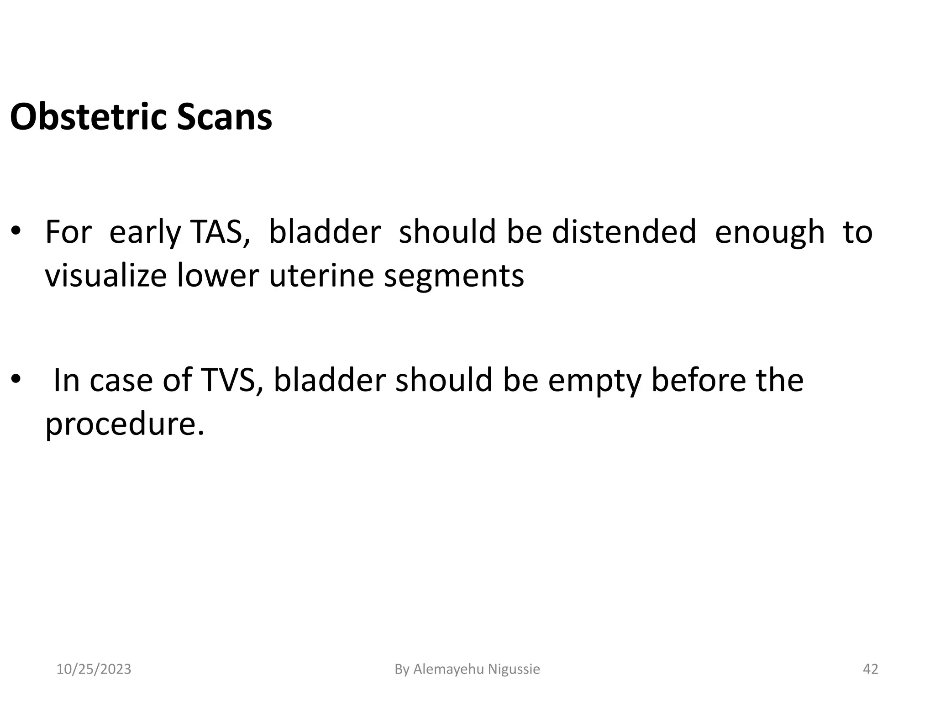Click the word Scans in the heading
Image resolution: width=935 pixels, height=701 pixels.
click(224, 117)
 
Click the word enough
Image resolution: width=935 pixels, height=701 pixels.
click(770, 233)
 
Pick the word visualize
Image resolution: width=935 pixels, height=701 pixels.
click(106, 276)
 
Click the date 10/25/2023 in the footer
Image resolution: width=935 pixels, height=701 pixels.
click(94, 669)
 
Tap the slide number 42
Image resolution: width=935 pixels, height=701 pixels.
click(871, 669)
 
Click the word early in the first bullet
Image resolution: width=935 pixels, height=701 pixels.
click(145, 233)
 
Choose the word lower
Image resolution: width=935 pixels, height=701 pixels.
click(218, 276)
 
